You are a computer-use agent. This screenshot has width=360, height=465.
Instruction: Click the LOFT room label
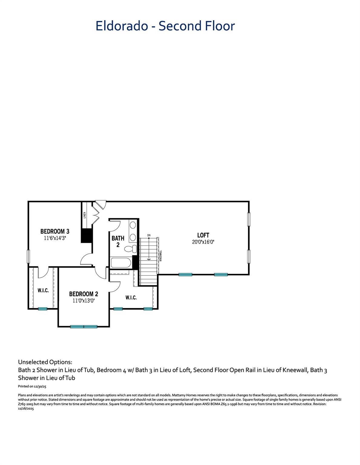click(203, 235)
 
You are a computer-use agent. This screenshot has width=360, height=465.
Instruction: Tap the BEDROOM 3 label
click(55, 232)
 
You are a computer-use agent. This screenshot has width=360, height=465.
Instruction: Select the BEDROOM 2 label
click(84, 294)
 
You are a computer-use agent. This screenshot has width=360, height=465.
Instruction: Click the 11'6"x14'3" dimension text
click(55, 238)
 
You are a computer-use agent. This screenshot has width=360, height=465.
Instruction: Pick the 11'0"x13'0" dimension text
click(84, 301)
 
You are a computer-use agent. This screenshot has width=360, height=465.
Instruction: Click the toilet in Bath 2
click(130, 249)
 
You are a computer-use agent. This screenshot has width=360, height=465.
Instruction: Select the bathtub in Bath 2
click(121, 262)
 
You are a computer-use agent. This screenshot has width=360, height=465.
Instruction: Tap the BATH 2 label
click(118, 241)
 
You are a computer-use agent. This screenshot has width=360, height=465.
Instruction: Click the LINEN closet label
click(85, 215)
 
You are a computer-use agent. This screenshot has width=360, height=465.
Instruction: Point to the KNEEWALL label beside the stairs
click(161, 256)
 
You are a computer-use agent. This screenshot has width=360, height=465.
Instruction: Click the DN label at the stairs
click(149, 235)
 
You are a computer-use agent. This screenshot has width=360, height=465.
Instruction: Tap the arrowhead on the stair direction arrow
click(149, 259)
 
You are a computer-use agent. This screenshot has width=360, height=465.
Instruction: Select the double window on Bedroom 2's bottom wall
click(84, 327)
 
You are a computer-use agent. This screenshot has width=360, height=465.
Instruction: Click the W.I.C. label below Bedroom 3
click(43, 291)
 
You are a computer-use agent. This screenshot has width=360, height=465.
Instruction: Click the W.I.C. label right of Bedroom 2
click(131, 298)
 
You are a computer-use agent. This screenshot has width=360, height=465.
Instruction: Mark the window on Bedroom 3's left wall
click(28, 256)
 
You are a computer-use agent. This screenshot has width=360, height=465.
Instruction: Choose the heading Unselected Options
click(45, 362)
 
